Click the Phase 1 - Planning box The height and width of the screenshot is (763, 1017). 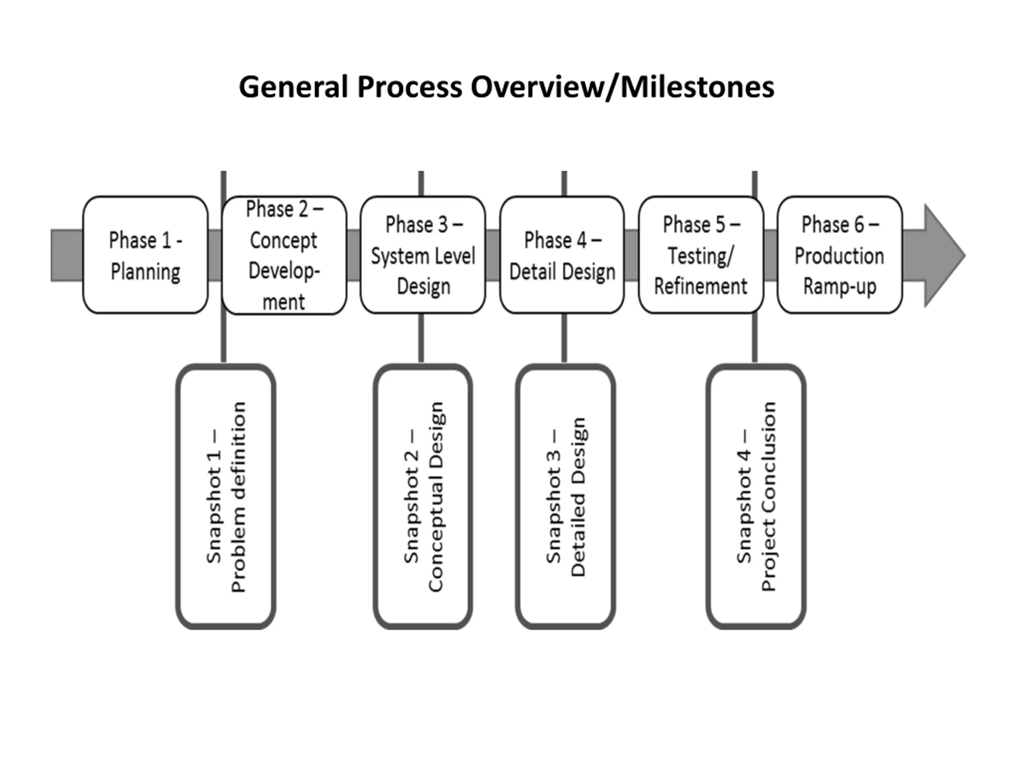click(145, 255)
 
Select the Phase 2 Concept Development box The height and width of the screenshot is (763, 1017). click(284, 255)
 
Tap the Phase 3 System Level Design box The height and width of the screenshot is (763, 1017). click(423, 255)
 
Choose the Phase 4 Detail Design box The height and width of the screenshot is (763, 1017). click(562, 255)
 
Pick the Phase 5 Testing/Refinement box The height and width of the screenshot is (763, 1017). click(701, 255)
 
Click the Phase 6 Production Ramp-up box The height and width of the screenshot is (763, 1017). click(840, 255)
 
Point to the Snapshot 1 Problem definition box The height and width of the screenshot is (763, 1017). click(226, 497)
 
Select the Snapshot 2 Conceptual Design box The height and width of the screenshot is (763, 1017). click(423, 497)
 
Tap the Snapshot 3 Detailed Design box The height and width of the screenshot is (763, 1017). click(566, 497)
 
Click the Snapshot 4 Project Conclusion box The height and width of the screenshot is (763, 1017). click(756, 497)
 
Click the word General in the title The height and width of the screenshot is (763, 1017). click(293, 87)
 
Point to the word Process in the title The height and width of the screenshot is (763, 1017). click(410, 87)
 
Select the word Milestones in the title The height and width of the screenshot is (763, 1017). click(698, 87)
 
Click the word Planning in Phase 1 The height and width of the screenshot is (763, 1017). click(145, 272)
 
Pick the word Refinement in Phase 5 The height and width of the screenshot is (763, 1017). click(701, 286)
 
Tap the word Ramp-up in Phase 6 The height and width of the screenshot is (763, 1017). click(840, 287)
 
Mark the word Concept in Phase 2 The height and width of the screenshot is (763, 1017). click(284, 240)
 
